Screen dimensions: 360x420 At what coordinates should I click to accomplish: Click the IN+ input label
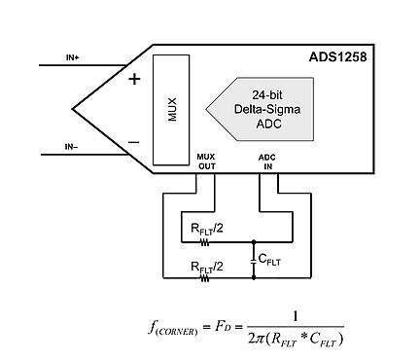[72, 57]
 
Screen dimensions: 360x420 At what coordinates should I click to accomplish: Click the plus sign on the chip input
[135, 78]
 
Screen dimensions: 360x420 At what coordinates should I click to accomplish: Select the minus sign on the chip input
[135, 141]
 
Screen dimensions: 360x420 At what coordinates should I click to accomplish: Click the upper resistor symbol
[206, 242]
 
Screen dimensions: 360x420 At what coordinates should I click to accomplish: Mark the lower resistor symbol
[206, 277]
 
